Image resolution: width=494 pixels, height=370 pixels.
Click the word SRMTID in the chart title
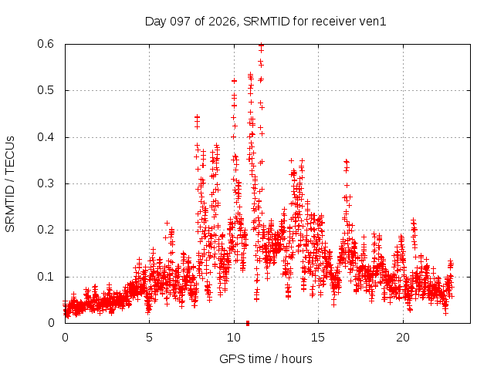coord(266,22)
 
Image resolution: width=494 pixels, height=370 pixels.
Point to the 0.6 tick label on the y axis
coord(46,44)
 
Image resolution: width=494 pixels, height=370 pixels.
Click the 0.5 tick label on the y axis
coord(46,90)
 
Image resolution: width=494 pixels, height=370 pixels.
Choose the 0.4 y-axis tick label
coord(46,137)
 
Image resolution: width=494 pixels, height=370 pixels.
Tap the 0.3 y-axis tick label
coord(46,183)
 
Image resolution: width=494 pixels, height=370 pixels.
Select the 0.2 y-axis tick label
coord(46,230)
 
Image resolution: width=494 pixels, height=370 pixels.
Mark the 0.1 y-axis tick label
coord(46,277)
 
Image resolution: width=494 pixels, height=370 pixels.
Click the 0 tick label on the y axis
coord(51,323)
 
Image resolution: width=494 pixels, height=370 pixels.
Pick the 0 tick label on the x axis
coord(65,338)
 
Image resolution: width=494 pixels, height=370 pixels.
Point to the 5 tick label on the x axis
coord(149,338)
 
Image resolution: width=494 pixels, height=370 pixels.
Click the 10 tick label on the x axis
coord(234,338)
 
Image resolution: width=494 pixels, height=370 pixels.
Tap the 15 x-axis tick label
coord(318,338)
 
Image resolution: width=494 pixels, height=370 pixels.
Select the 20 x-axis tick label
coord(403,338)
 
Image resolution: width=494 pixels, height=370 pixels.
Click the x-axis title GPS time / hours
coord(266,359)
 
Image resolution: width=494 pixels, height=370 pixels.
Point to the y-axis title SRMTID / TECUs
coord(10,184)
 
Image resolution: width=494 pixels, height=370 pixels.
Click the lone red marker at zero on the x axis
coord(248,323)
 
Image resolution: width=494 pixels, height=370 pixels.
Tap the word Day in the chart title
coord(155,22)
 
